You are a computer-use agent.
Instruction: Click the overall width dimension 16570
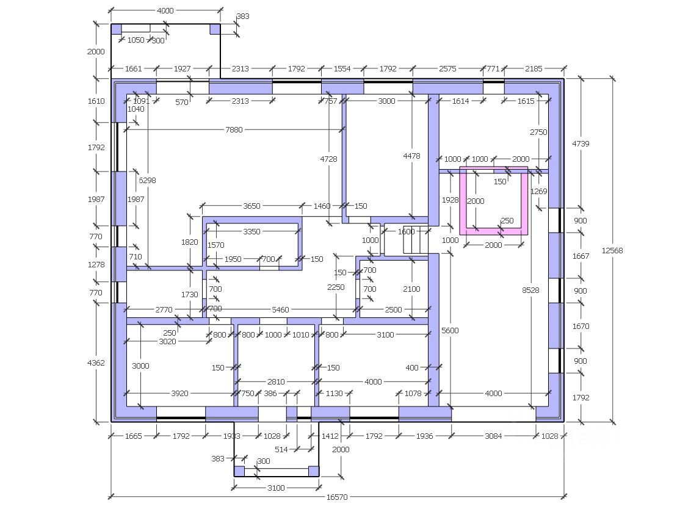click(x=336, y=497)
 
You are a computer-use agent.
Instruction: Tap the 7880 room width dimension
click(x=234, y=129)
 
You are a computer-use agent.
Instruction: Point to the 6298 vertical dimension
click(x=147, y=180)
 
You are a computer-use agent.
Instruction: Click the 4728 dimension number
click(x=328, y=158)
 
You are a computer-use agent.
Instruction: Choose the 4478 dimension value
click(x=411, y=156)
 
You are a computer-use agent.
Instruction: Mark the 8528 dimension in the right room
click(x=530, y=291)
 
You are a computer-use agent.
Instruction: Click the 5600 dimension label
click(x=450, y=330)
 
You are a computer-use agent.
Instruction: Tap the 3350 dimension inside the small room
click(x=251, y=231)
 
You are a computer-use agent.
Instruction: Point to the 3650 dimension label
click(x=251, y=206)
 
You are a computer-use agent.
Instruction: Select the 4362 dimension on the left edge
click(x=96, y=363)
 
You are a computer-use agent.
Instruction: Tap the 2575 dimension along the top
click(x=447, y=69)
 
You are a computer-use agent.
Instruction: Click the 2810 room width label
click(x=276, y=381)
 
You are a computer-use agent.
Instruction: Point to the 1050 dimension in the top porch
click(x=136, y=40)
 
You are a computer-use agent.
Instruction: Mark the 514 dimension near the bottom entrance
click(x=281, y=450)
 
